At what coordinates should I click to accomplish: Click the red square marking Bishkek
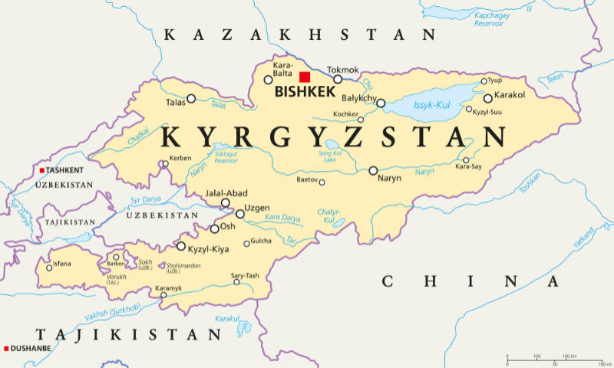pos(305,77)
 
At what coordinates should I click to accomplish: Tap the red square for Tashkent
pos(42,169)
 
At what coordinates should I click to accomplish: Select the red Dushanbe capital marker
pos(6,348)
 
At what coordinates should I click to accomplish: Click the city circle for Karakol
pos(488,98)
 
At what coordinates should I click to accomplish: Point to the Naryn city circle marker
pos(373,170)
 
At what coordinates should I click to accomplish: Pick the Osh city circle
pos(215,228)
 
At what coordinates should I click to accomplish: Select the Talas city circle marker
pos(192,98)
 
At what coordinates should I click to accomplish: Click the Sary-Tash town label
pos(245,275)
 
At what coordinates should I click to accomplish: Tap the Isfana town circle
pos(49,268)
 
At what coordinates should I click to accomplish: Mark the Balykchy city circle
pos(381,103)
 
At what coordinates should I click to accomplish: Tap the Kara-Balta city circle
pos(268,80)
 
